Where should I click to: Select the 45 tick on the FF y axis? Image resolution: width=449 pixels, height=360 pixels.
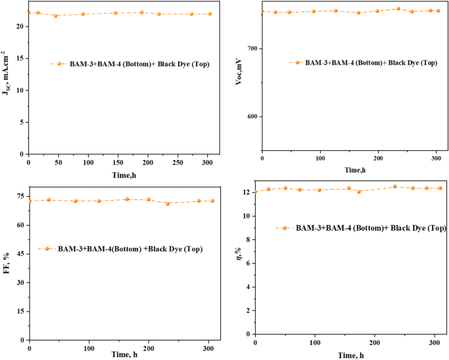19,254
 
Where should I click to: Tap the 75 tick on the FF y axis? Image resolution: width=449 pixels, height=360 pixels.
19,197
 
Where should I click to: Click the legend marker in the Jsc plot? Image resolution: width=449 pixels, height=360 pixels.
59,64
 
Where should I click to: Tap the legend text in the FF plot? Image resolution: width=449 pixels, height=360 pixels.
130,249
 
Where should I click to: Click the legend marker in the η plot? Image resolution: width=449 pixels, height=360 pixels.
286,228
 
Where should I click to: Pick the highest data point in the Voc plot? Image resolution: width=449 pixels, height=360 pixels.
398,9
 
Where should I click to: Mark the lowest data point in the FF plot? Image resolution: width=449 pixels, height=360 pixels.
168,203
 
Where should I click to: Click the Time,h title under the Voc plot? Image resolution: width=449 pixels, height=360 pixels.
354,170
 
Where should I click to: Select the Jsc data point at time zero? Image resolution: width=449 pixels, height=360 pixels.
28,12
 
